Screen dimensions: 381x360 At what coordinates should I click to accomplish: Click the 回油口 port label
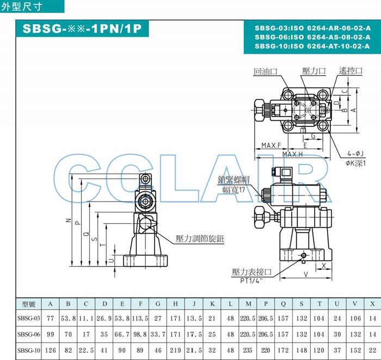point(266,72)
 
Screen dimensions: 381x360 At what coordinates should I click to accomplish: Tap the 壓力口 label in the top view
point(314,71)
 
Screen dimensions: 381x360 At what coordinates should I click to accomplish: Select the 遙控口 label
point(351,71)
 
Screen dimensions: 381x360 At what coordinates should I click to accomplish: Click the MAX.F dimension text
point(271,145)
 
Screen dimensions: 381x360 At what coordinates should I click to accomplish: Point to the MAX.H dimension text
point(293,154)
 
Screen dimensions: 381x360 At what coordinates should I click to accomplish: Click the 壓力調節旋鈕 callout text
point(200,239)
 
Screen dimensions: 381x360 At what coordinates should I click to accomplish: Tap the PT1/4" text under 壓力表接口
point(251,280)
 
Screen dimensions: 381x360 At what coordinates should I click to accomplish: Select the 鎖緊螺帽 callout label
point(233,180)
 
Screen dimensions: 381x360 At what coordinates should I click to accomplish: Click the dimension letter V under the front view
point(306,274)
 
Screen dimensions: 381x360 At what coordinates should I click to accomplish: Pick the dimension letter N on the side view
point(69,221)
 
